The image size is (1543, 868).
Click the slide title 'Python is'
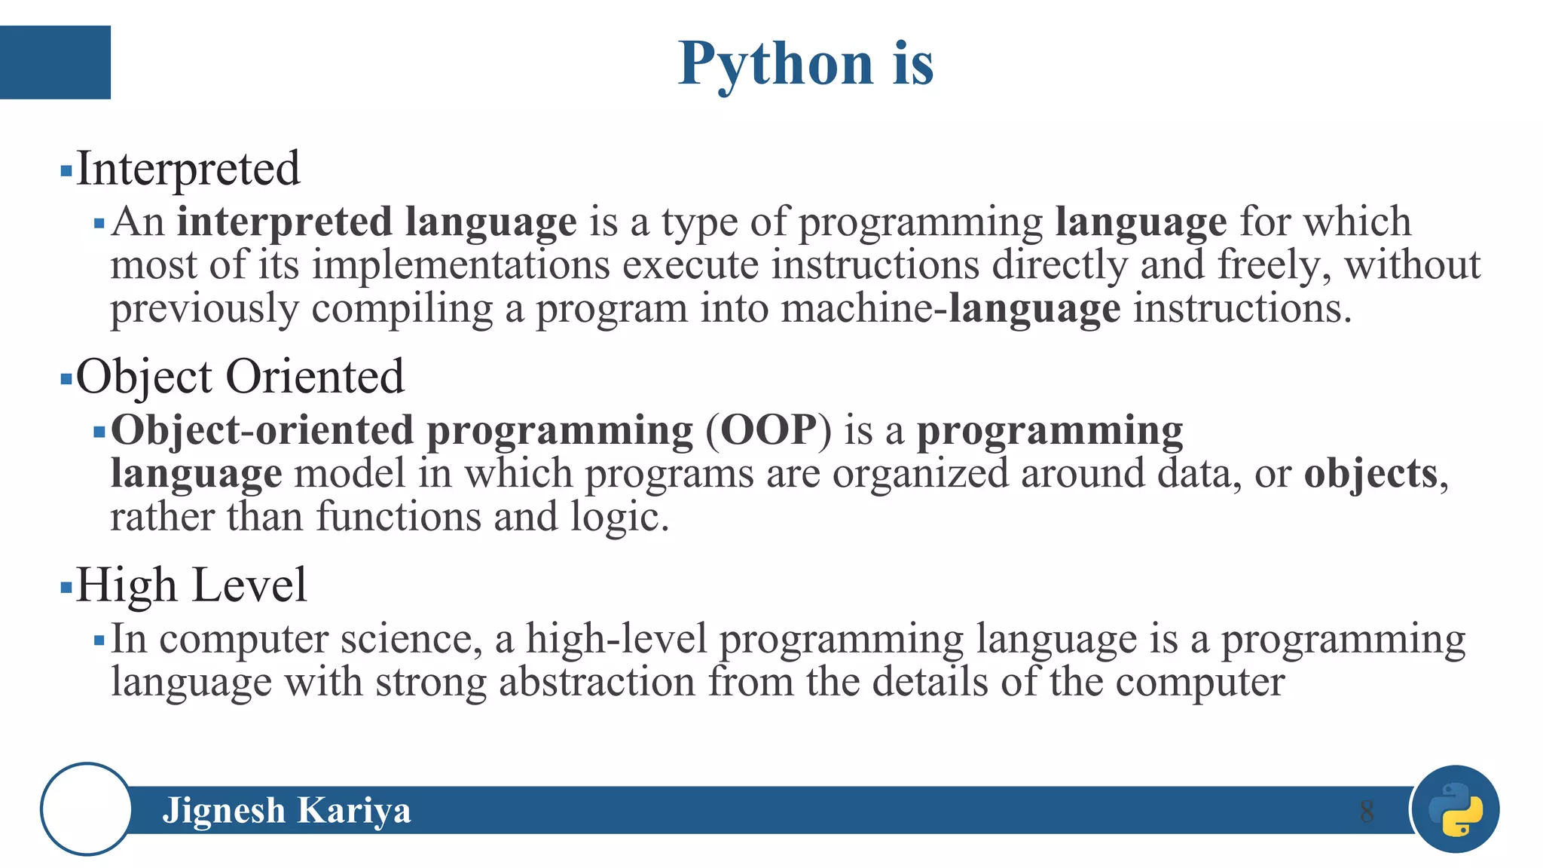(x=805, y=64)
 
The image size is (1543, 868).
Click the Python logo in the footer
(x=1456, y=809)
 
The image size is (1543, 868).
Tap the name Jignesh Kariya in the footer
(x=286, y=811)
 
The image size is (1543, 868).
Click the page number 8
(x=1366, y=811)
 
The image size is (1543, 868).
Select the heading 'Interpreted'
(x=188, y=169)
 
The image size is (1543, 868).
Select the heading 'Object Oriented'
(x=240, y=377)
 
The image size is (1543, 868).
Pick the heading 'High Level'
(x=191, y=585)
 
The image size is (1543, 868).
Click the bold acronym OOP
(x=768, y=431)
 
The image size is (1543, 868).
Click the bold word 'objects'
(x=1370, y=474)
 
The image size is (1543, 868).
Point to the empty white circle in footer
(x=87, y=809)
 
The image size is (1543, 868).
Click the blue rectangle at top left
(x=55, y=63)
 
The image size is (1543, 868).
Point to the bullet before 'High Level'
(x=66, y=587)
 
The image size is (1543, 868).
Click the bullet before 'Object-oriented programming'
(x=99, y=432)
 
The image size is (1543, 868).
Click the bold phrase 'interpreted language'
(x=377, y=222)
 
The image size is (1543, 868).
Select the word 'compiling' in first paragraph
(x=402, y=310)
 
